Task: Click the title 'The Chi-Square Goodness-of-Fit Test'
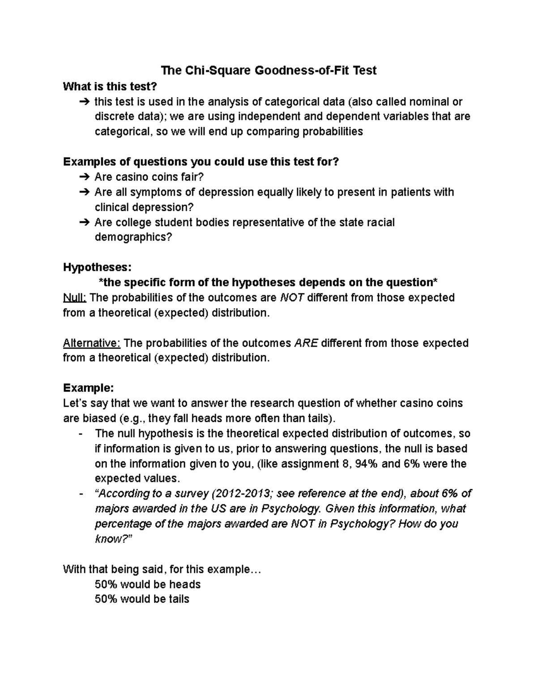pyautogui.click(x=268, y=70)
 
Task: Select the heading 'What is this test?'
pyautogui.click(x=111, y=86)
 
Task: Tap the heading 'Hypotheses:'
pyautogui.click(x=97, y=267)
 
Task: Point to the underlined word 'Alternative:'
pyautogui.click(x=92, y=343)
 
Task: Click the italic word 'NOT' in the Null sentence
pyautogui.click(x=291, y=298)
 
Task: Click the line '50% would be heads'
pyautogui.click(x=148, y=584)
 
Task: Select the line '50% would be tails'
pyautogui.click(x=142, y=599)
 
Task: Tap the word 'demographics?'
pyautogui.click(x=133, y=237)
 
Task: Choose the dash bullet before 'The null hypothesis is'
pyautogui.click(x=80, y=434)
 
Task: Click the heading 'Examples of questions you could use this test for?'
pyautogui.click(x=201, y=162)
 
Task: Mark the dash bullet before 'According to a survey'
pyautogui.click(x=80, y=494)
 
